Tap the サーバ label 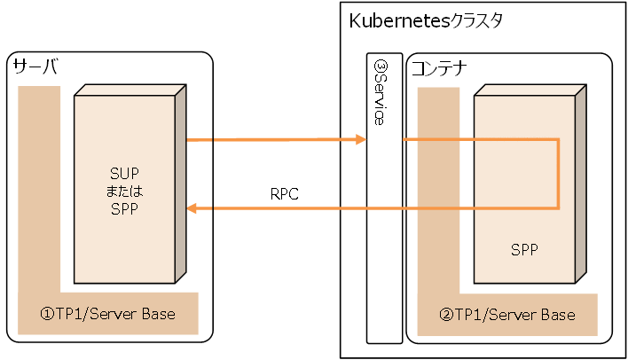[x=34, y=67]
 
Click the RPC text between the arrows [x=286, y=192]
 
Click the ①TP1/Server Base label [x=107, y=314]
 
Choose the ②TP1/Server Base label [x=507, y=315]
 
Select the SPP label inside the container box [x=524, y=249]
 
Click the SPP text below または [x=124, y=207]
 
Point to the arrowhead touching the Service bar [x=361, y=140]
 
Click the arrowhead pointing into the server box [x=192, y=208]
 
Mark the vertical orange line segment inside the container [x=558, y=174]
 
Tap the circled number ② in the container [x=448, y=315]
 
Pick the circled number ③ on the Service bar [x=379, y=67]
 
